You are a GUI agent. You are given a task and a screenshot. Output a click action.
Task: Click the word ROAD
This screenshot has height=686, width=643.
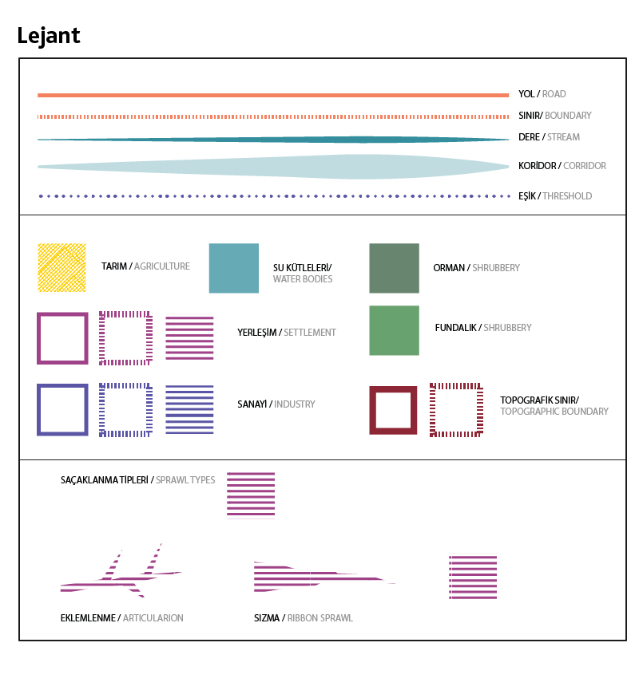tap(554, 94)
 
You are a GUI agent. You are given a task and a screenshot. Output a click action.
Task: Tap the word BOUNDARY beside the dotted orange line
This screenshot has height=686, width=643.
tap(568, 116)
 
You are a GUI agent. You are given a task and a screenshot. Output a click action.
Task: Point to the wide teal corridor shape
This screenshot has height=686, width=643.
tap(320, 167)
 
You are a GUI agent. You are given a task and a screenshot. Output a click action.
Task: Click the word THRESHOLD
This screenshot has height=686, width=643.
tap(567, 196)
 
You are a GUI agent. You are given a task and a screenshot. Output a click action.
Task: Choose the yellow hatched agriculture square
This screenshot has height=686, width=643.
tap(62, 267)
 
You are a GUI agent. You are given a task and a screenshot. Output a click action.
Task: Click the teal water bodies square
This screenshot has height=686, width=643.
tap(233, 268)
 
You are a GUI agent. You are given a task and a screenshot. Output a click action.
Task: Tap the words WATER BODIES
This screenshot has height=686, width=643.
tap(303, 279)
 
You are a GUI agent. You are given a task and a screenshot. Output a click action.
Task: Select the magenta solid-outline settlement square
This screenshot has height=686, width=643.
tap(62, 338)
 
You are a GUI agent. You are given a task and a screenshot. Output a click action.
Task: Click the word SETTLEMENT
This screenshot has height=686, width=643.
tap(310, 333)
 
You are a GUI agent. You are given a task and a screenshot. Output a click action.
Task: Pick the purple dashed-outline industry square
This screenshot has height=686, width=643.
tap(125, 410)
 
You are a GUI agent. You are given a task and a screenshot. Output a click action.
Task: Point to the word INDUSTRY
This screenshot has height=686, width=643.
tap(295, 404)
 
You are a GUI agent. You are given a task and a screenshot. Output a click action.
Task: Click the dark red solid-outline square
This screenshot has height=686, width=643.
tap(393, 410)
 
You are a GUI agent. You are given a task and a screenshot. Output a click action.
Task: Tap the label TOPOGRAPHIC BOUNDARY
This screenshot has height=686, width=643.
tap(554, 412)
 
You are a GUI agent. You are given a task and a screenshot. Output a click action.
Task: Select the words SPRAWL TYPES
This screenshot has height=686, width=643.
tap(185, 480)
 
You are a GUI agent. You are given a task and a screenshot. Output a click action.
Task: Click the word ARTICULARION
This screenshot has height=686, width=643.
tap(153, 618)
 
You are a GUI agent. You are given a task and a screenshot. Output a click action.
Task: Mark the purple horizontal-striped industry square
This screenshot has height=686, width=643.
tap(189, 410)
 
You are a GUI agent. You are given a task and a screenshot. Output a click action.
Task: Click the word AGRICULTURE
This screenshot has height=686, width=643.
tap(162, 266)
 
